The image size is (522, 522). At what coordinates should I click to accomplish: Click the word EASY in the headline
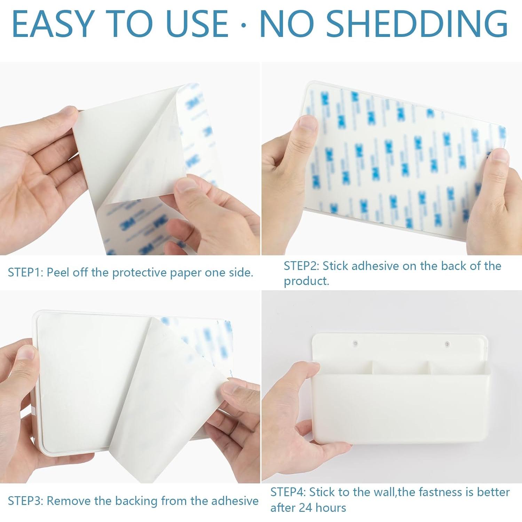(x=52, y=24)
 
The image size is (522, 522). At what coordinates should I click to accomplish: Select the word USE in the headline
(x=197, y=24)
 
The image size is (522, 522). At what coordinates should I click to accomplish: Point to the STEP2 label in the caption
(x=301, y=266)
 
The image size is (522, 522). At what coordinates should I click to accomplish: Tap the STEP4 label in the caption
(x=287, y=492)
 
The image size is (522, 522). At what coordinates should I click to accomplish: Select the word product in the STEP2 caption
(x=306, y=281)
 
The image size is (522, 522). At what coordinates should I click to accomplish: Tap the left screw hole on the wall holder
(x=355, y=343)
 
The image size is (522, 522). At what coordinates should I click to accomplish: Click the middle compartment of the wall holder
(x=400, y=367)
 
